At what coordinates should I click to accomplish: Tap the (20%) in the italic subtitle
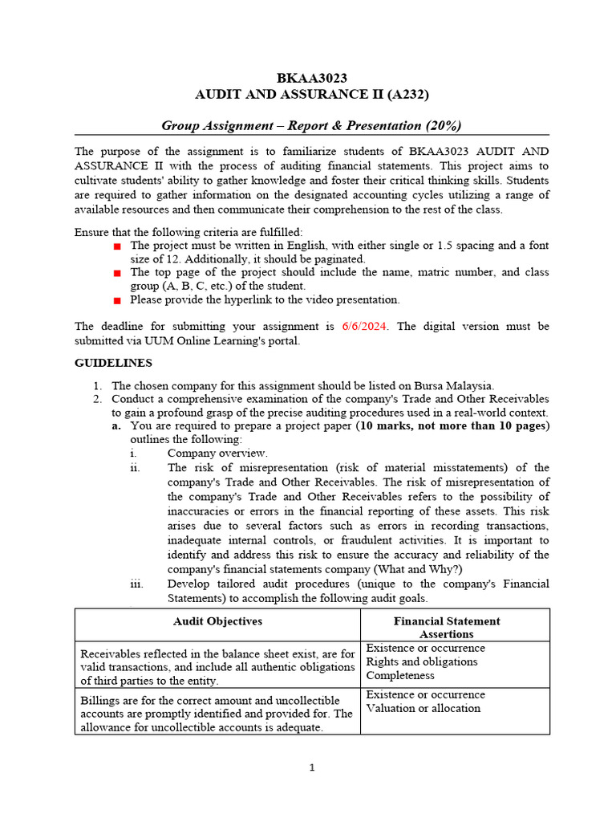pos(443,125)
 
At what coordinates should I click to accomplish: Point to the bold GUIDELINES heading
pos(113,363)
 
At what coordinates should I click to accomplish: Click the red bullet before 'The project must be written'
pos(116,246)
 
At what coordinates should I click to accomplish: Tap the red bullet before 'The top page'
pos(116,273)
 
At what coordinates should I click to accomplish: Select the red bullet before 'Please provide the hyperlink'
pos(116,300)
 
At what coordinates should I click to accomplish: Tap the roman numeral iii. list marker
pos(136,584)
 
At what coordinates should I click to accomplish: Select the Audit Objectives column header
pos(217,621)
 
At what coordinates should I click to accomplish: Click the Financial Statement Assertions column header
pos(447,627)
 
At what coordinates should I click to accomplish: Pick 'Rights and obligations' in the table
pos(421,661)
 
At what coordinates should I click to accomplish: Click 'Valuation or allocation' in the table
pos(423,708)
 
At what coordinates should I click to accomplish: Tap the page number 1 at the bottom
pos(313,768)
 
